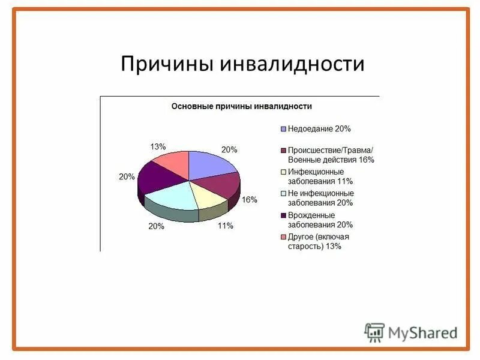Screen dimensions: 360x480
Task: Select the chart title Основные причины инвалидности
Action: point(242,106)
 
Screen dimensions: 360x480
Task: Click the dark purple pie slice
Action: point(157,176)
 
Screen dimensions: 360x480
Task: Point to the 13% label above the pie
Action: point(158,146)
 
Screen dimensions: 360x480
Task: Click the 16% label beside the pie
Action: point(250,199)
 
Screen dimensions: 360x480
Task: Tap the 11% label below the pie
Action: point(226,226)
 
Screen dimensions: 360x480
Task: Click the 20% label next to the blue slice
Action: point(229,149)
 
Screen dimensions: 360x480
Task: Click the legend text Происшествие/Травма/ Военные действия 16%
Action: point(330,155)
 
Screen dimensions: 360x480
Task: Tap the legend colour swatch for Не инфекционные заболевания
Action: point(283,194)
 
